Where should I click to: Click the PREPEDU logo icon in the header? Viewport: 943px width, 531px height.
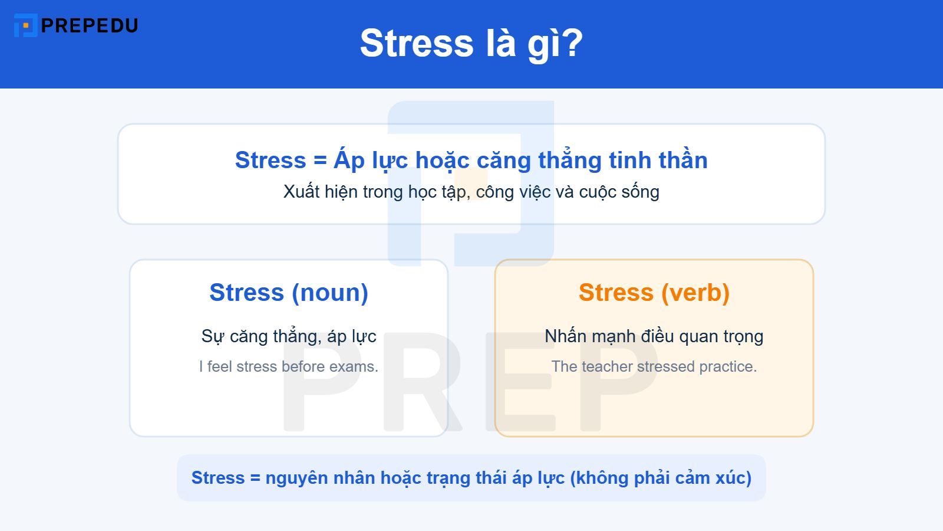[x=25, y=25]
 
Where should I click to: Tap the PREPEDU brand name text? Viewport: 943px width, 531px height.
[x=90, y=25]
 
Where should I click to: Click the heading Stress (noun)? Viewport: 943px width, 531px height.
[x=289, y=293]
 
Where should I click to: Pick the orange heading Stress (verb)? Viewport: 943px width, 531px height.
[x=654, y=293]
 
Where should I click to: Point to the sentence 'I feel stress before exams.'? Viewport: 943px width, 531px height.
[x=289, y=366]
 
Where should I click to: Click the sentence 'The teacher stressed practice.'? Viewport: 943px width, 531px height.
[x=654, y=366]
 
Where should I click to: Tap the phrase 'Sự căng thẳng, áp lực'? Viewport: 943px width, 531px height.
[x=289, y=336]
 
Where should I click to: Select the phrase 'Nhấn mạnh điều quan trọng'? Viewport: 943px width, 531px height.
[x=654, y=336]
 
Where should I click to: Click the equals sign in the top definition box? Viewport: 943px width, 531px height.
[x=320, y=160]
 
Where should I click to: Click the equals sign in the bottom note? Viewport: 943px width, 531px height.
[x=255, y=478]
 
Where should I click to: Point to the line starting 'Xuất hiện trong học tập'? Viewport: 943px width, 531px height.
[x=471, y=192]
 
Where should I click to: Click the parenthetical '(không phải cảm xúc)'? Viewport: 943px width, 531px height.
[x=661, y=478]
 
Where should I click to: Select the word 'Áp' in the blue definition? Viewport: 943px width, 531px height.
[x=349, y=160]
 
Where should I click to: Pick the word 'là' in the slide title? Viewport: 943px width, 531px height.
[x=500, y=43]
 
